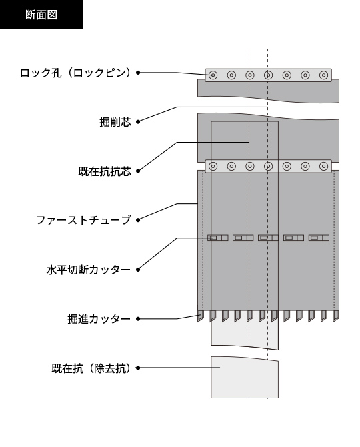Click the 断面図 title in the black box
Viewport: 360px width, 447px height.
coord(41,15)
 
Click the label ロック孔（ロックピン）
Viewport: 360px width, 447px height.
coord(75,73)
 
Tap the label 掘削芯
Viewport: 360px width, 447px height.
coord(115,122)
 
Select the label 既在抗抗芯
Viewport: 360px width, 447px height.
coord(105,171)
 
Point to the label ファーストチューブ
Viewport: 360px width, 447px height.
coord(83,220)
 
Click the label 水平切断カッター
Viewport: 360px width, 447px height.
coord(89,270)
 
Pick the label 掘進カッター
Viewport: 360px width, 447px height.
coord(99,319)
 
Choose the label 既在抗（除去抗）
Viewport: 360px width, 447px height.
coord(91,368)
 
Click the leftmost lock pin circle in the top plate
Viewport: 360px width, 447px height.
coord(213,75)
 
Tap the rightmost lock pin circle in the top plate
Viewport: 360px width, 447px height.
coord(323,75)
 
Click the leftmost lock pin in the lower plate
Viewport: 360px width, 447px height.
coord(213,166)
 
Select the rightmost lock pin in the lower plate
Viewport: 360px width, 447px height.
coord(323,166)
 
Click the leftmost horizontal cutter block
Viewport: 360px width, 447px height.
coord(218,238)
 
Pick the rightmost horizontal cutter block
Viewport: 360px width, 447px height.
coord(319,238)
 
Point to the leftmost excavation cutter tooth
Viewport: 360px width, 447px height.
coord(201,316)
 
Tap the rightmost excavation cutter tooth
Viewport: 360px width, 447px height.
coord(336,316)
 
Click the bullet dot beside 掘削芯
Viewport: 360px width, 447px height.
coord(138,122)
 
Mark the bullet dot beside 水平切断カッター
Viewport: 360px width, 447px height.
coord(138,270)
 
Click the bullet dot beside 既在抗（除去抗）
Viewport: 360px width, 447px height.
coord(138,368)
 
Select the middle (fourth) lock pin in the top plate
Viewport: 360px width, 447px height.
coord(268,75)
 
